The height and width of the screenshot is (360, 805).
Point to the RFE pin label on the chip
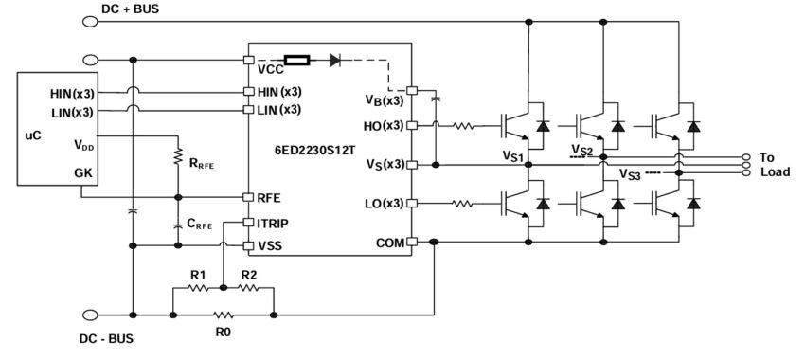[269, 198]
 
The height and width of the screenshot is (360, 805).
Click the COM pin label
[390, 243]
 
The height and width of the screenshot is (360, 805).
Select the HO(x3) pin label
[384, 125]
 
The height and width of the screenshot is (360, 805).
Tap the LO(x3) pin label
[384, 204]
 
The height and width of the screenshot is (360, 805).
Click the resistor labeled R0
[223, 313]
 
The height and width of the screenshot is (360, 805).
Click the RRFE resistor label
[201, 162]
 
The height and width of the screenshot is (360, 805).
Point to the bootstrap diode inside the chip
[335, 60]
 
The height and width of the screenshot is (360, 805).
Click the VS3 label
[629, 174]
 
